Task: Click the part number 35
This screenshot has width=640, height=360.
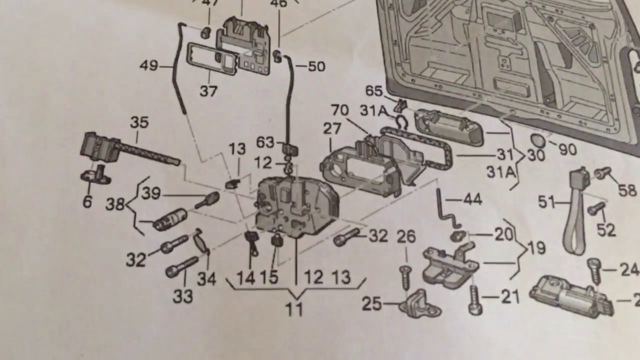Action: click(x=139, y=122)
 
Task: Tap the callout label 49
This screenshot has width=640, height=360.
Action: click(x=148, y=65)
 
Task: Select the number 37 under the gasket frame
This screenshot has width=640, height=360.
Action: click(x=208, y=91)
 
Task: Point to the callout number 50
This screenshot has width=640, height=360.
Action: click(x=316, y=66)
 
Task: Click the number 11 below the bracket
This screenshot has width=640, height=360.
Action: click(x=294, y=310)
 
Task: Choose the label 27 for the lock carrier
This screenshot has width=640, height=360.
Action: click(x=331, y=128)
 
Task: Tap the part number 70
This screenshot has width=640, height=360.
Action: click(x=340, y=110)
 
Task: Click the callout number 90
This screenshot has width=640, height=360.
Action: click(x=567, y=149)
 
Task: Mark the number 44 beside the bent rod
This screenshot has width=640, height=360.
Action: click(x=472, y=200)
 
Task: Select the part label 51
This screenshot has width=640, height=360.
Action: click(x=546, y=202)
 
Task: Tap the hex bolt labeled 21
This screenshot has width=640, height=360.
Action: click(x=475, y=300)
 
